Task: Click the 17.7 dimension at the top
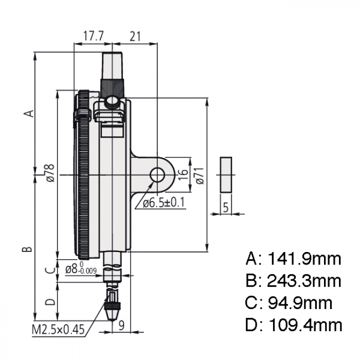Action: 93,36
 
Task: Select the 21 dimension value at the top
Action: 135,36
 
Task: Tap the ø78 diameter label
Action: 50,173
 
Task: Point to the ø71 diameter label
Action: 200,176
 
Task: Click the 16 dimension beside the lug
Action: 183,175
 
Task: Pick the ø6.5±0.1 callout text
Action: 164,203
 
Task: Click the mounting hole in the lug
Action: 157,175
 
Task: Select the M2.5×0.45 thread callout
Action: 58,330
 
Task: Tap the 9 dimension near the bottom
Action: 121,325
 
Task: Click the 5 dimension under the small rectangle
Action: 226,208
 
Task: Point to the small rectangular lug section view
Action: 226,175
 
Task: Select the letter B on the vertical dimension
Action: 27,248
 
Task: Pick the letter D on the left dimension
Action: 50,302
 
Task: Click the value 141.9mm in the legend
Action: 304,259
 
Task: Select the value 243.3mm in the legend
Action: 304,281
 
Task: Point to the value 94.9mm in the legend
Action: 300,302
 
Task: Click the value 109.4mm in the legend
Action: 305,325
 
